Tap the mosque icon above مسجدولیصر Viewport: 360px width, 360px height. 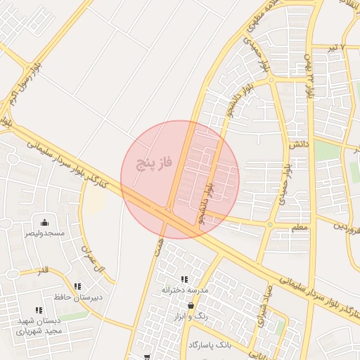coord(45,222)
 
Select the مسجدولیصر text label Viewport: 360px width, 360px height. coord(45,233)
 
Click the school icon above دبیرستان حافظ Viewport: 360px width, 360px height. coord(78,286)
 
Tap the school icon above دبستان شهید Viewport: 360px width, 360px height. coord(39,310)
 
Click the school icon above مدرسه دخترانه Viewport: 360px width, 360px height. coord(184,279)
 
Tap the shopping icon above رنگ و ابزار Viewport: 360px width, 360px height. coord(191,306)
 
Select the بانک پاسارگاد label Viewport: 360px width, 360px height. coord(210,345)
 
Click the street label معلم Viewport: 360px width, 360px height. coord(299,228)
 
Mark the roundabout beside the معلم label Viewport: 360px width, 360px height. coord(270,225)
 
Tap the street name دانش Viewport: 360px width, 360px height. coord(298,143)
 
